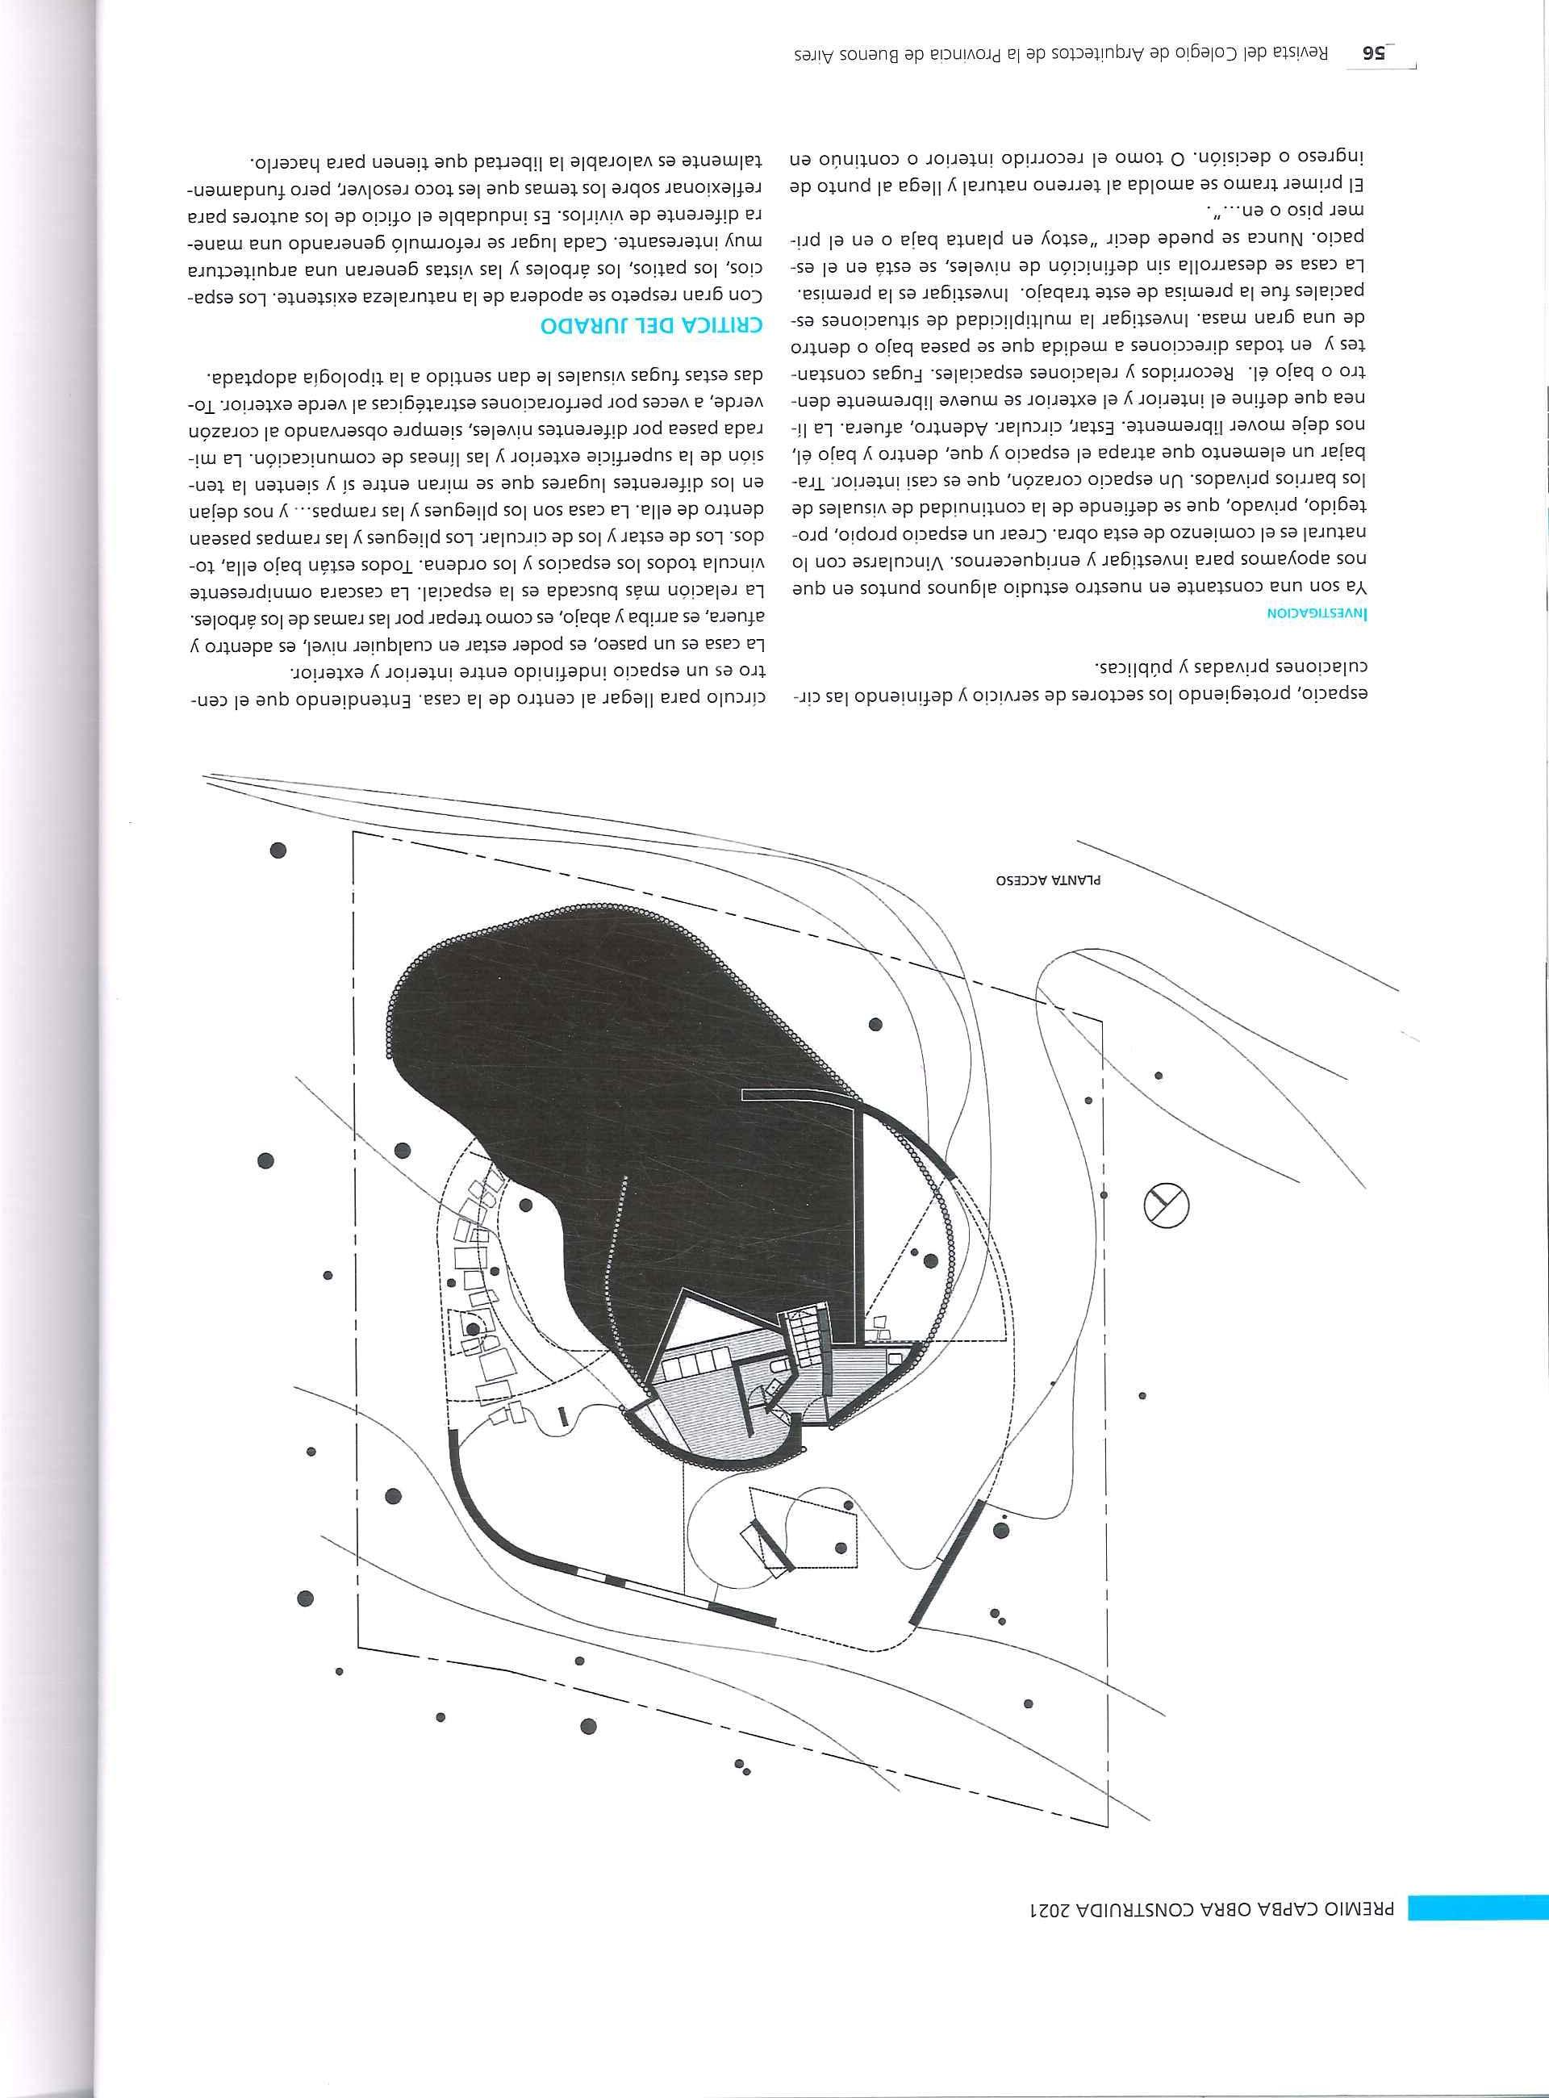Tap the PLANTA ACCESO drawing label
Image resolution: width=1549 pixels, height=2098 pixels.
point(1050,882)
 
